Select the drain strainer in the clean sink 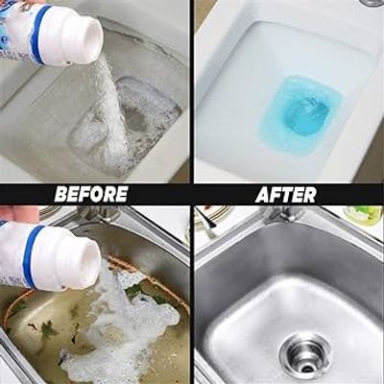pos(311,352)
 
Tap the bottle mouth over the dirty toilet pos(89,39)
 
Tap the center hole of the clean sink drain pos(312,358)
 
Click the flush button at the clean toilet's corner pos(371,3)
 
